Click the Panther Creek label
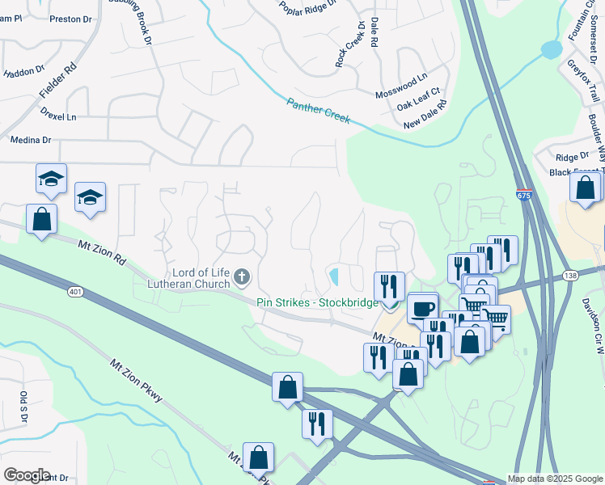point(319,111)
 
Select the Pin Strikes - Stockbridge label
point(317,303)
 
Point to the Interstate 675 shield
point(523,196)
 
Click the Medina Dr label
point(30,140)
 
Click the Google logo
point(27,475)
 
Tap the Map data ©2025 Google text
point(556,479)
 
